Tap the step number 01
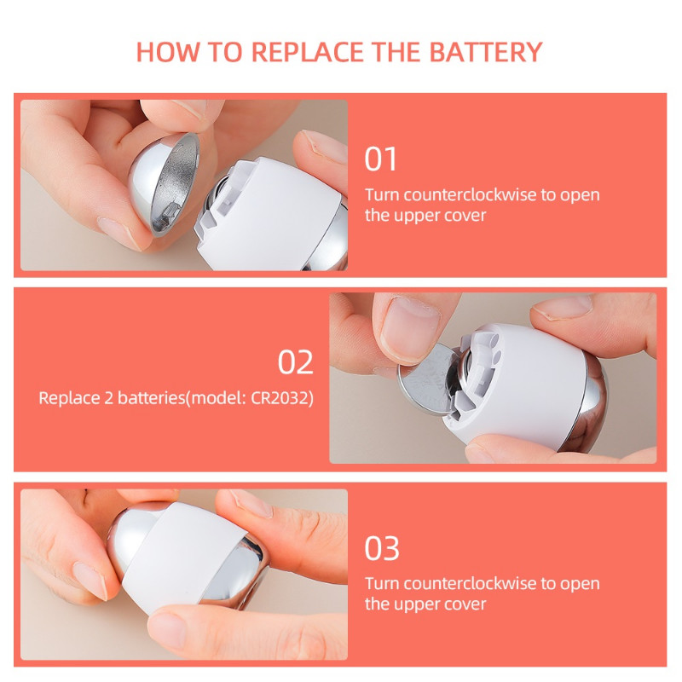coord(381,159)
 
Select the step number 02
coord(296,362)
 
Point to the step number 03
coord(381,548)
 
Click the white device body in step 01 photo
coord(273,213)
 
